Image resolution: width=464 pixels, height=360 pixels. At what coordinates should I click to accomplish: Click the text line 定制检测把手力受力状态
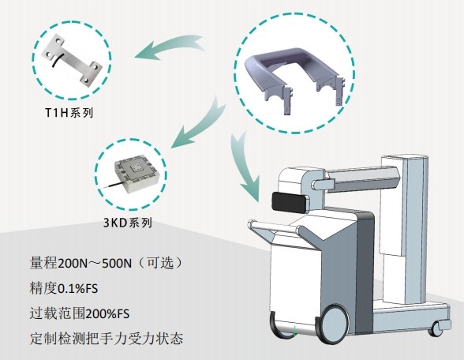point(107,338)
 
